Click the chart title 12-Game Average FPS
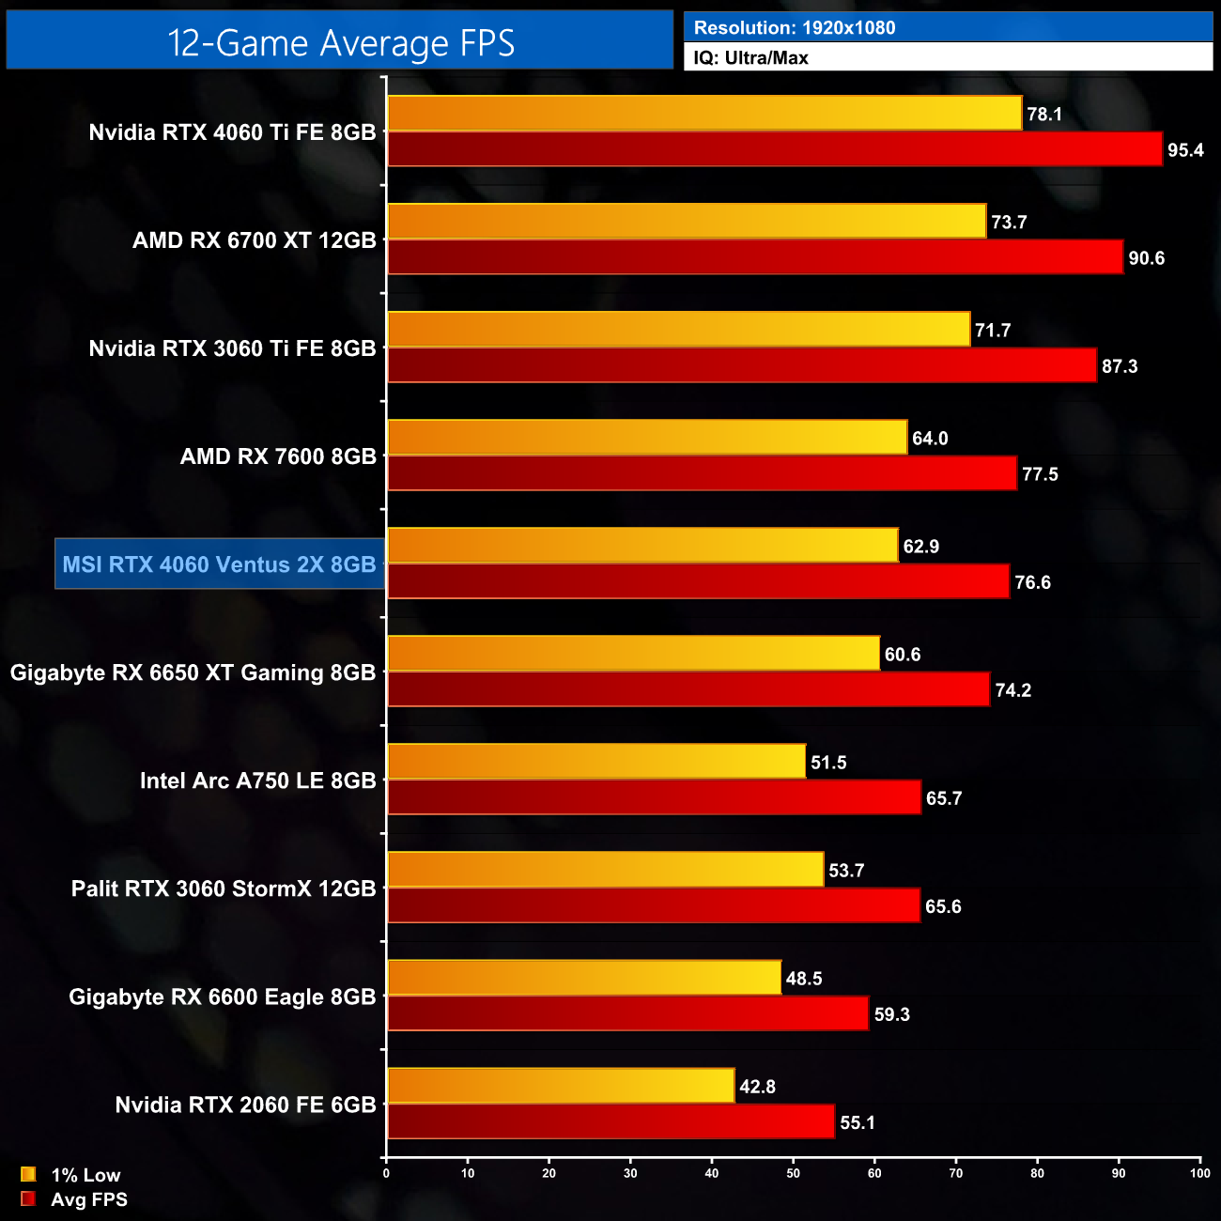tap(340, 43)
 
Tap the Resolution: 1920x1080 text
tap(795, 28)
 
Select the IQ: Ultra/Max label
tap(751, 58)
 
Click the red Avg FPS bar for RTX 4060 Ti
tap(775, 149)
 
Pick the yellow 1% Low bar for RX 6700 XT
tap(687, 222)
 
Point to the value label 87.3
tap(1120, 366)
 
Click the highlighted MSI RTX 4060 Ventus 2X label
tap(219, 564)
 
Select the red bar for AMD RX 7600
tap(702, 473)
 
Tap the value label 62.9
tap(920, 547)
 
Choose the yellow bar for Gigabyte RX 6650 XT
tap(633, 654)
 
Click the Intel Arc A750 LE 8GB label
tap(257, 781)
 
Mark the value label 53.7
tap(846, 871)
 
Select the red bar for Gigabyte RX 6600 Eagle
tap(627, 1013)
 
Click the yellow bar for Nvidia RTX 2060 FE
tap(561, 1086)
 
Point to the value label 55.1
tap(858, 1122)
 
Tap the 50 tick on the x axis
tap(794, 1173)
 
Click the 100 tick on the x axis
tap(1199, 1173)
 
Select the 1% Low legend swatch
tap(28, 1174)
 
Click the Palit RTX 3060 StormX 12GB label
tap(224, 889)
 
